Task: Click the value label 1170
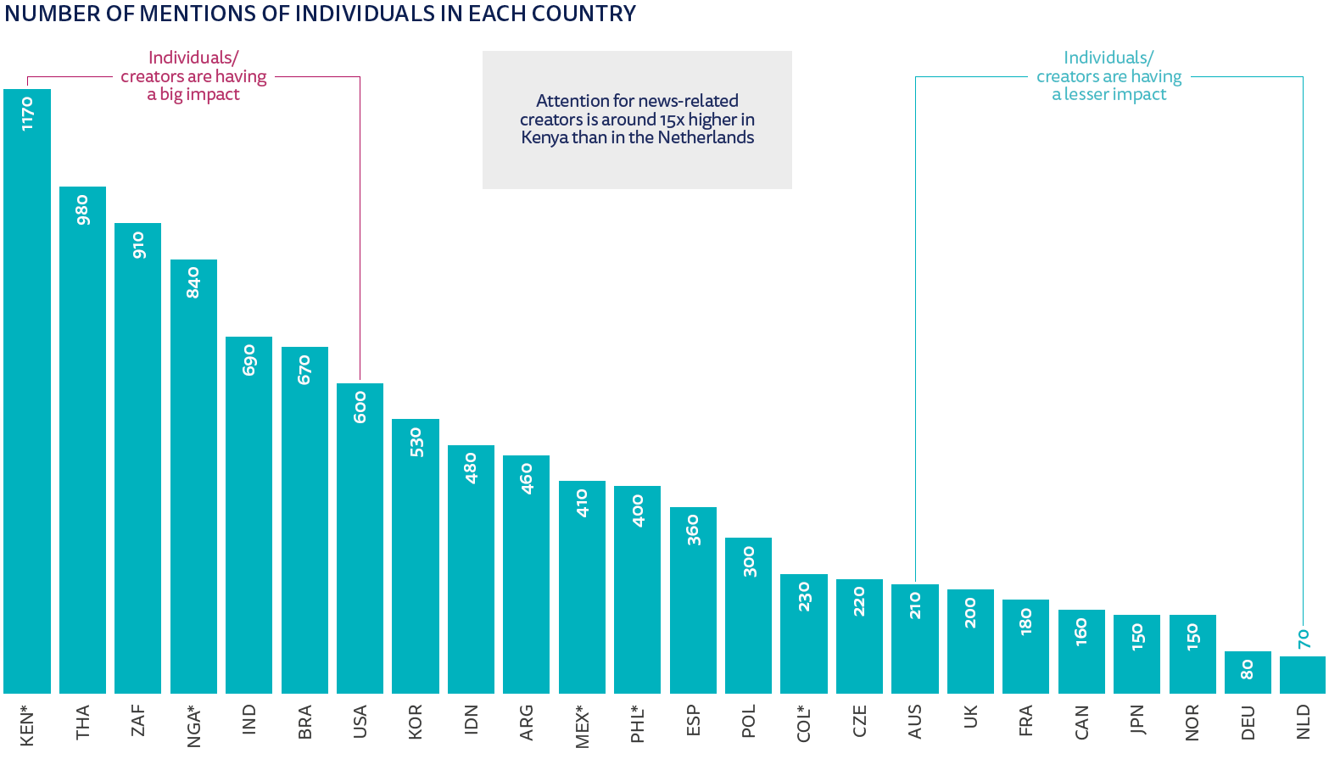coord(27,114)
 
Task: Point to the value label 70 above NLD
coord(1304,639)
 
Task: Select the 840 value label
coord(193,282)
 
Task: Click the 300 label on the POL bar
coord(749,561)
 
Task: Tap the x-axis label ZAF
coord(138,722)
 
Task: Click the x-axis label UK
coord(970,717)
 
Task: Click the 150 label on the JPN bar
coord(1137,637)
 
